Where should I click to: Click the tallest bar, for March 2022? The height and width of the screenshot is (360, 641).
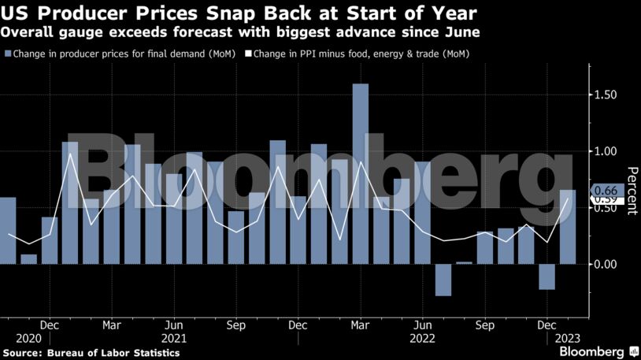click(x=360, y=173)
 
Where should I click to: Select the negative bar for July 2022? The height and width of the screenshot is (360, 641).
click(x=443, y=280)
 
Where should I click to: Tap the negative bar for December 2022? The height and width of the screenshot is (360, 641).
click(x=547, y=276)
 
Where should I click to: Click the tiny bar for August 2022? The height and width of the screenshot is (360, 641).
click(x=464, y=263)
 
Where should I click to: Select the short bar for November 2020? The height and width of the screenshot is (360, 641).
click(x=28, y=259)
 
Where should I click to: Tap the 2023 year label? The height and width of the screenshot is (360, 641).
click(x=566, y=338)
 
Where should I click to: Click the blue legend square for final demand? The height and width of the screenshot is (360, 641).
click(x=8, y=54)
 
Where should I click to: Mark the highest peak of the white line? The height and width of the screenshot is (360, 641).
click(x=70, y=154)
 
